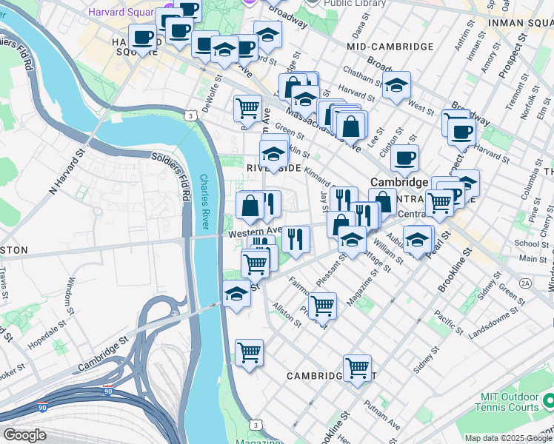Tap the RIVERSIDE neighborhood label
click(274, 169)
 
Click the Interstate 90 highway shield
click(43, 407)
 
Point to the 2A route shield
click(526, 283)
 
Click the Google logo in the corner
click(24, 435)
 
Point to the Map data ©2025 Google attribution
click(508, 438)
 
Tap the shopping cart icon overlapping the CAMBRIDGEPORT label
click(357, 367)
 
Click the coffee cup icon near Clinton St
click(404, 158)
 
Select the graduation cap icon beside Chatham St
click(396, 86)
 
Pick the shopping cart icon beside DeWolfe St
click(247, 108)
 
